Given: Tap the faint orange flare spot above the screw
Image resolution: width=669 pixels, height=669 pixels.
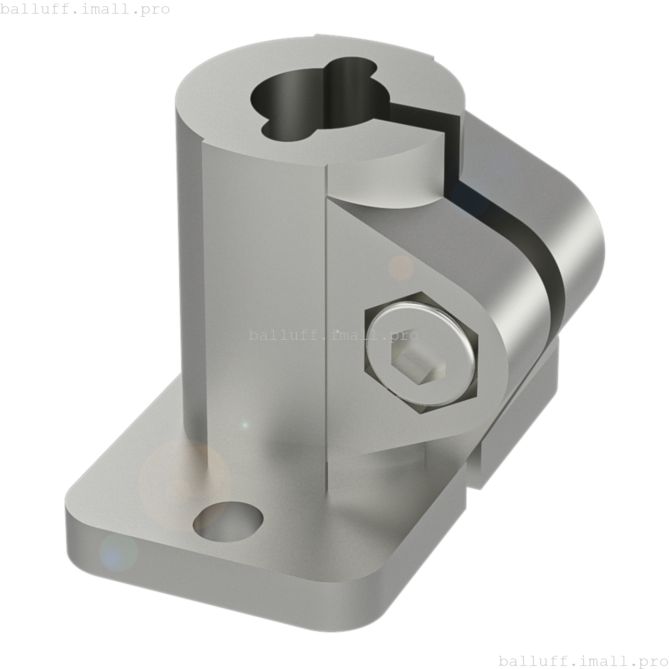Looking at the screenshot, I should [401, 267].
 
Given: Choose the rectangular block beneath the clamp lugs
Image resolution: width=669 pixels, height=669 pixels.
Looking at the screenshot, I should [517, 418].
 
